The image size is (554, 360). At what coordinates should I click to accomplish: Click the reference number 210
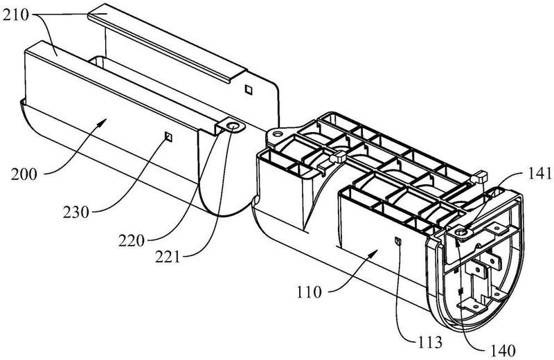15,15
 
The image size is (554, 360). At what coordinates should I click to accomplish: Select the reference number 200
24,174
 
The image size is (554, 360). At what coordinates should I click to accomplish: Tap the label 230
76,213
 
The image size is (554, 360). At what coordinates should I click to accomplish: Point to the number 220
132,241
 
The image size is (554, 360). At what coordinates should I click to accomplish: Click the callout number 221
168,257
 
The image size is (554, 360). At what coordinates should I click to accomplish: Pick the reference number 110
309,292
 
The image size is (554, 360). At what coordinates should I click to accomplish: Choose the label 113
429,342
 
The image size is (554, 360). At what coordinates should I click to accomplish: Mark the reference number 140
503,351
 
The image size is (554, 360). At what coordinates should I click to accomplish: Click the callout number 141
539,174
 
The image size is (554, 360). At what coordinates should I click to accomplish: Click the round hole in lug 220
233,125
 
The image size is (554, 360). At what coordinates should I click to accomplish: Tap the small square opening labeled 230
168,136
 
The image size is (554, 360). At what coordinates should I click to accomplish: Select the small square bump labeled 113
397,241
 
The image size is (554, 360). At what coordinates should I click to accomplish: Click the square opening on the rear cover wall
249,89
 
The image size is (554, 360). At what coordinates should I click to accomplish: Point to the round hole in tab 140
461,232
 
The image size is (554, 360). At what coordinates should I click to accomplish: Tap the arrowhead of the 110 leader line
375,252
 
